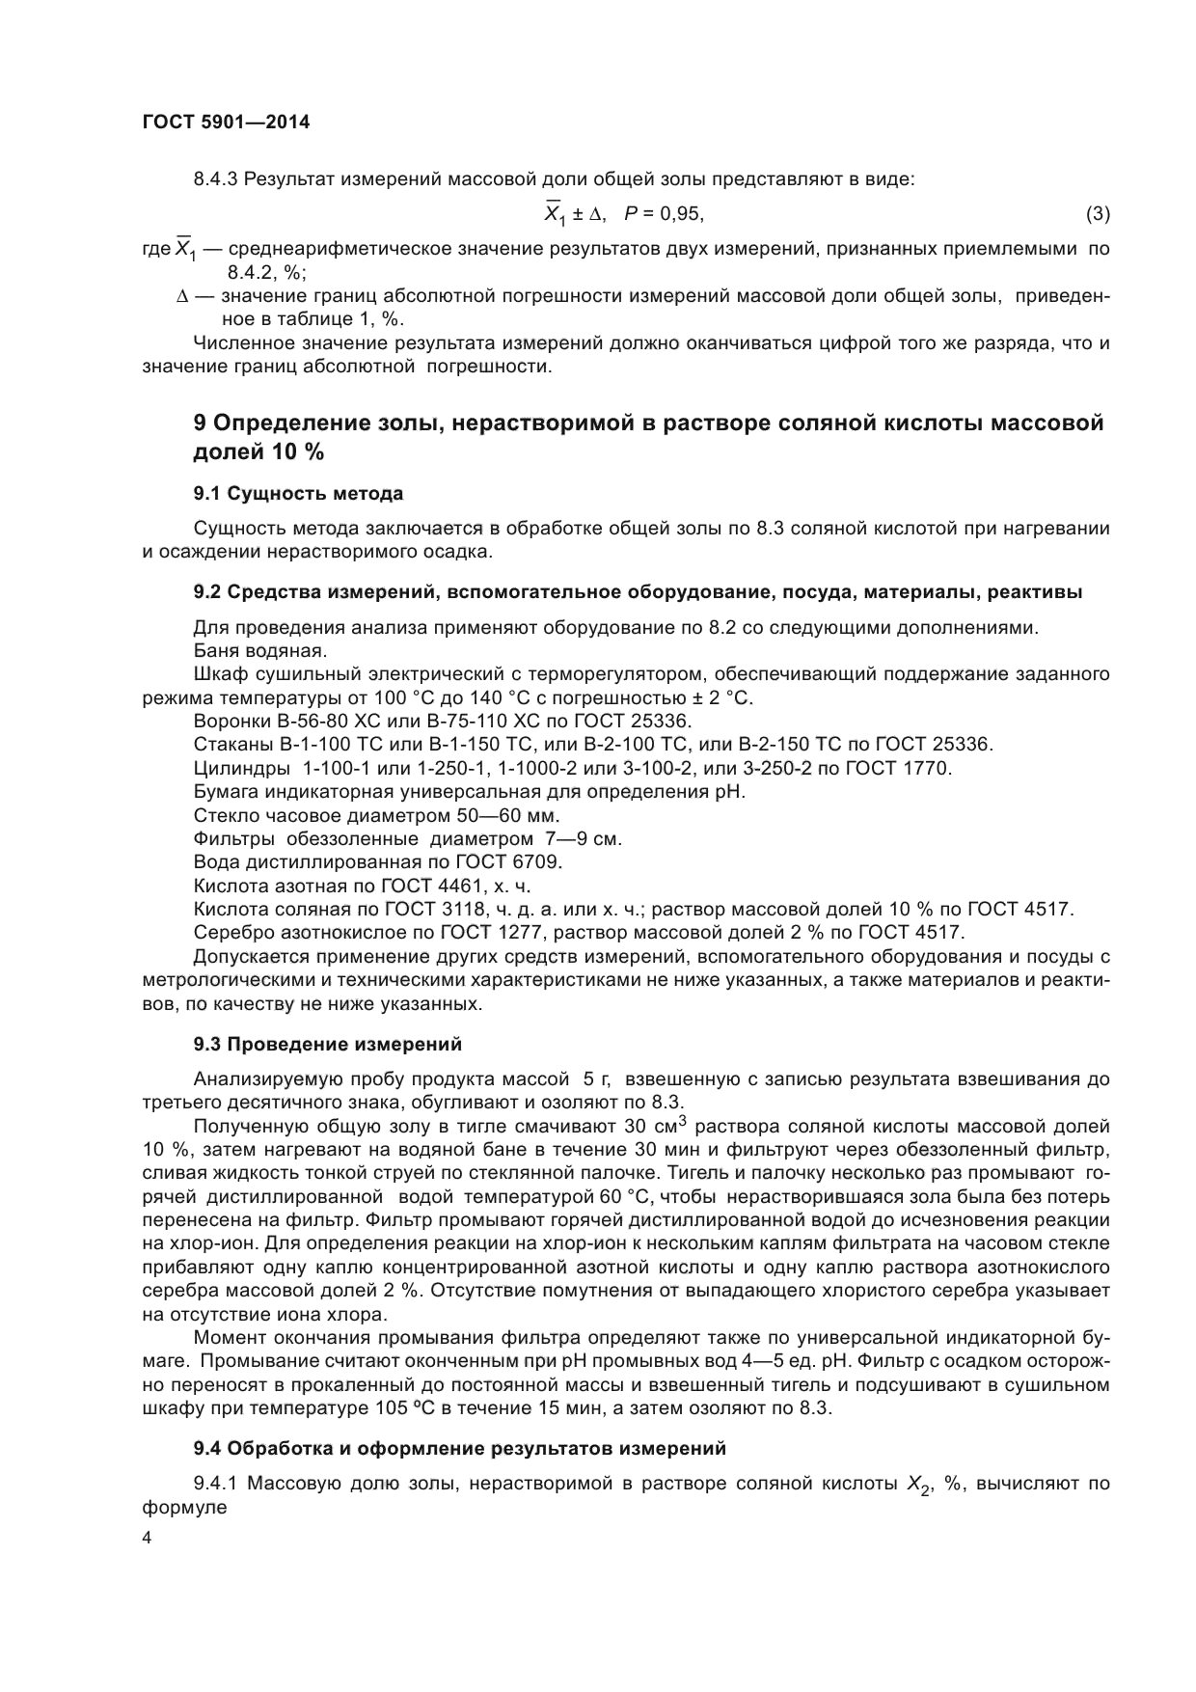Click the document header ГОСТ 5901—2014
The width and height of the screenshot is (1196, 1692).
[226, 123]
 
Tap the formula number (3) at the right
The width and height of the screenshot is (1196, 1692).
[1097, 213]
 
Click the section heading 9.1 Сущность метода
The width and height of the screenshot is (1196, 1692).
[298, 494]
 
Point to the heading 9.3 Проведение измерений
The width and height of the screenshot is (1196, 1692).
[327, 1044]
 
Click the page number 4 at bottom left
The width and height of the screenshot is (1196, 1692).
[147, 1539]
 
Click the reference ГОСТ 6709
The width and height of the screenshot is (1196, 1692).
[518, 861]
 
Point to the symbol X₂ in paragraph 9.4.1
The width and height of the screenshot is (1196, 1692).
[917, 1486]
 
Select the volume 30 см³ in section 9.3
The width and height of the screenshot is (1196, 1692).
[660, 1126]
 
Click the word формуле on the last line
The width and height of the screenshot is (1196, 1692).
[184, 1508]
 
